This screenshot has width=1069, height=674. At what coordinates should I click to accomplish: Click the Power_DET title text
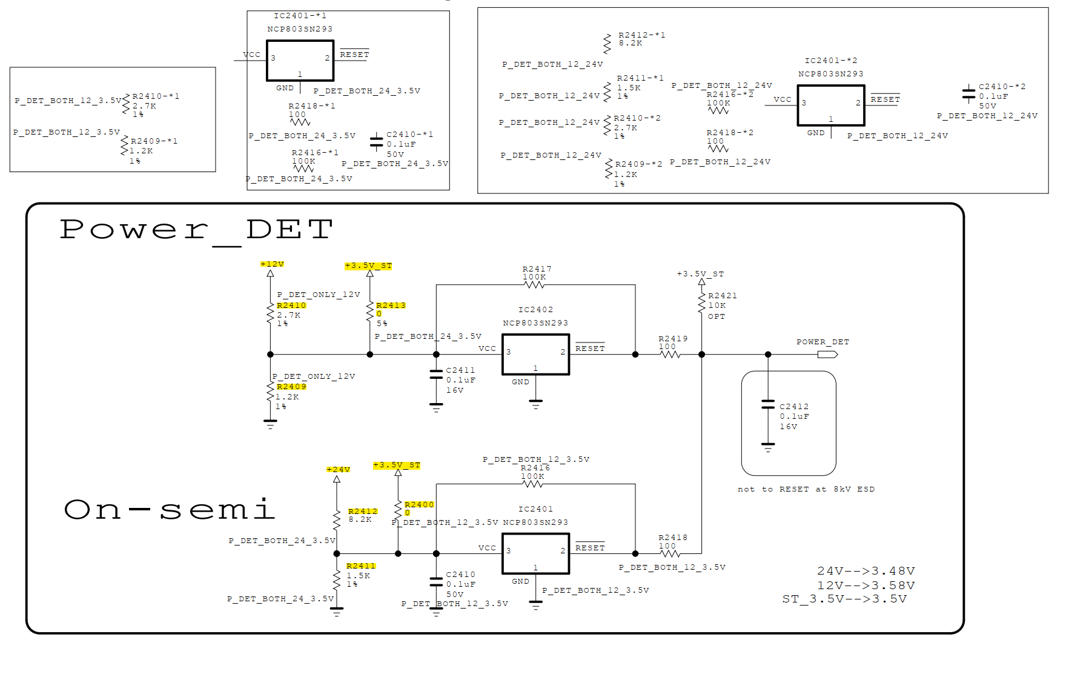point(196,230)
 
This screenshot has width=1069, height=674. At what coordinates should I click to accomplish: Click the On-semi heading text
point(170,510)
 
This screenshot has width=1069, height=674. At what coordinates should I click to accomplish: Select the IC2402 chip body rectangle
point(535,355)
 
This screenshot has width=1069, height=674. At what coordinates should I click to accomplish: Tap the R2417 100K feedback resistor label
point(537,273)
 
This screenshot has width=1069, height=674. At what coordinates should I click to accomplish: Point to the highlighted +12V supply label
point(272,264)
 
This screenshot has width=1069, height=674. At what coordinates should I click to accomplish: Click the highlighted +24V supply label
point(338,470)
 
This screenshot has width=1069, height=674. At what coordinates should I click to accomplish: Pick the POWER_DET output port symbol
point(827,355)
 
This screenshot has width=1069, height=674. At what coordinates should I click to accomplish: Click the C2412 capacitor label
point(793,407)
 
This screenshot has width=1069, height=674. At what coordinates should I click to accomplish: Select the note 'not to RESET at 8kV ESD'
point(806,489)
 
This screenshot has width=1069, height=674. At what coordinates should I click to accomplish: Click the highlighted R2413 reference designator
point(391,305)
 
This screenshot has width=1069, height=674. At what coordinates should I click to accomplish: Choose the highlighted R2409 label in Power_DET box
point(291,387)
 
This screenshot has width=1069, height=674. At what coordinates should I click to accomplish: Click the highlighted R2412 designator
point(363,512)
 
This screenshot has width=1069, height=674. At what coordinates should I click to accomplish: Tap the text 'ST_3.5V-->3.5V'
point(844,599)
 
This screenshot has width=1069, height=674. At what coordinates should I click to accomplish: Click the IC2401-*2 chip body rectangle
point(830,105)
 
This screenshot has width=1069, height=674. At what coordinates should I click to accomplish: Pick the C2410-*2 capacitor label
point(1002,87)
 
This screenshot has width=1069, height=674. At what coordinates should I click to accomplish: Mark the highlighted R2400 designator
point(419,505)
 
